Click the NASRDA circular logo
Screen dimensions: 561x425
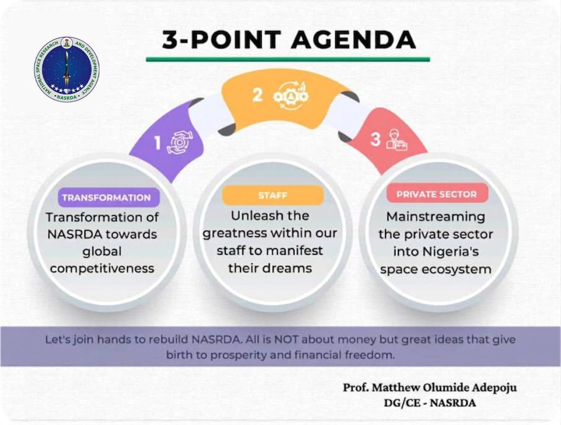coord(66,70)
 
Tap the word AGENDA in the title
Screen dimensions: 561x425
coord(354,39)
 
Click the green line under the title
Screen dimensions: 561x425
coord(288,59)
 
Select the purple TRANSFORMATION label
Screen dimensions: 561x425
coord(106,198)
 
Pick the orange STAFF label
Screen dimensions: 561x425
coord(273,196)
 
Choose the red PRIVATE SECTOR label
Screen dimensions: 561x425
coord(437,194)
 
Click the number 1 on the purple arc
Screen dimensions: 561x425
coord(158,143)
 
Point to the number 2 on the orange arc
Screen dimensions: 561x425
coord(258,95)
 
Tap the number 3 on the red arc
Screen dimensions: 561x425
coord(375,139)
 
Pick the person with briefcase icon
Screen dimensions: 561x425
coord(397,140)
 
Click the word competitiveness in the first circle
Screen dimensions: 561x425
coord(102,268)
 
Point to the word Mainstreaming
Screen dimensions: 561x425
coord(436,217)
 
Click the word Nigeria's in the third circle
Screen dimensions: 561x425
coord(451,251)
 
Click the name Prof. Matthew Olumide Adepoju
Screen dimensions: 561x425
coord(430,387)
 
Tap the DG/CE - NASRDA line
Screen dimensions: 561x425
coord(430,403)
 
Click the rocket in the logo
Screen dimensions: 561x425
coord(66,67)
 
